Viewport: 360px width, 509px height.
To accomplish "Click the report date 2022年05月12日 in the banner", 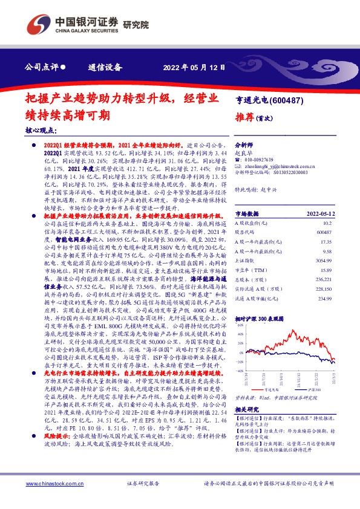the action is coord(195,67).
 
